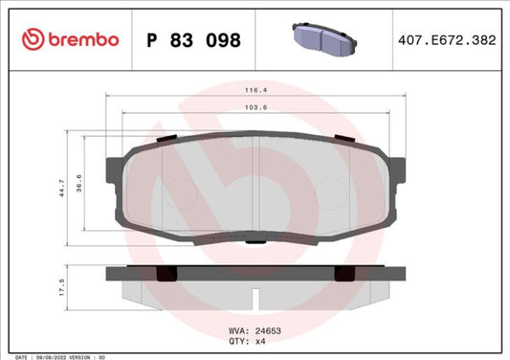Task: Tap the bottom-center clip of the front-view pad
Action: tap(255, 242)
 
